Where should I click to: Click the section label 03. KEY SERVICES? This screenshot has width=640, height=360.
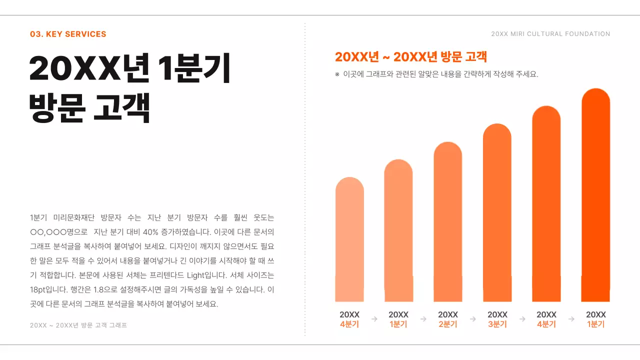click(x=68, y=34)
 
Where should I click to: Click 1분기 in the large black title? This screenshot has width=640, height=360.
click(x=193, y=68)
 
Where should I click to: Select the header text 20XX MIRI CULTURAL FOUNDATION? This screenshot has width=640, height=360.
click(x=550, y=34)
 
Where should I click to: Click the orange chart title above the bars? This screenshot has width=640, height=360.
click(x=410, y=57)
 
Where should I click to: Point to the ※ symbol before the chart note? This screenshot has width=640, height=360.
click(x=337, y=74)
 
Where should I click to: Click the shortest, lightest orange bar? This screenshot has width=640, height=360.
click(x=349, y=240)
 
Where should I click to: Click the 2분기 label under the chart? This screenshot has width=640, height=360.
click(x=447, y=324)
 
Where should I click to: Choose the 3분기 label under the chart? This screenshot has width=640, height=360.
click(x=497, y=324)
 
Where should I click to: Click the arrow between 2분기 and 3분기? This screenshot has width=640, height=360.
click(x=472, y=319)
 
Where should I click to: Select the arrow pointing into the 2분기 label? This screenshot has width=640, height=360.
click(x=423, y=319)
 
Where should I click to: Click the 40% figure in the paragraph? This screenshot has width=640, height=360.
click(x=150, y=232)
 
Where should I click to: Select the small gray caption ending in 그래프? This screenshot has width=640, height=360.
click(x=78, y=325)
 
